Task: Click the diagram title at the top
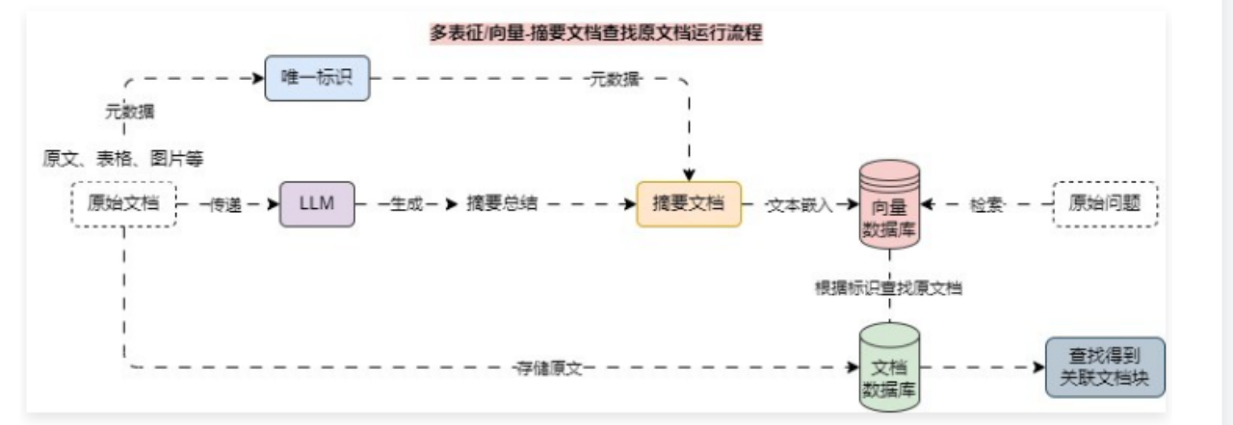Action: pyautogui.click(x=597, y=33)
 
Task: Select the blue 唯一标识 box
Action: pyautogui.click(x=317, y=78)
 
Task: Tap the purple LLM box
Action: pyautogui.click(x=317, y=204)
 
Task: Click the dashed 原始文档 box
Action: pyautogui.click(x=124, y=204)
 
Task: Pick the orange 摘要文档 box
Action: pyautogui.click(x=689, y=204)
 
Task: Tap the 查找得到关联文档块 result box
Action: pyautogui.click(x=1104, y=366)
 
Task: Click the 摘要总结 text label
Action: pyautogui.click(x=502, y=205)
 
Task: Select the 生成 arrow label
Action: pyautogui.click(x=405, y=205)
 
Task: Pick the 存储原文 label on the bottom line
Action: pyautogui.click(x=550, y=368)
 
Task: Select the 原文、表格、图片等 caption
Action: pyautogui.click(x=123, y=157)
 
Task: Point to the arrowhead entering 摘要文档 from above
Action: pyautogui.click(x=689, y=174)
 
